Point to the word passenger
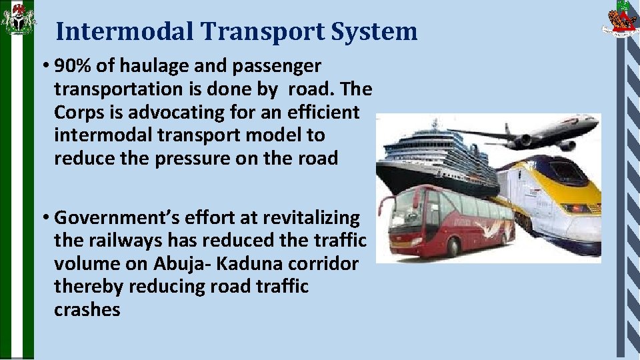(271, 66)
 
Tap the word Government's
(107, 218)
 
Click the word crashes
(87, 310)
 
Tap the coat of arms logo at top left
(18, 19)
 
